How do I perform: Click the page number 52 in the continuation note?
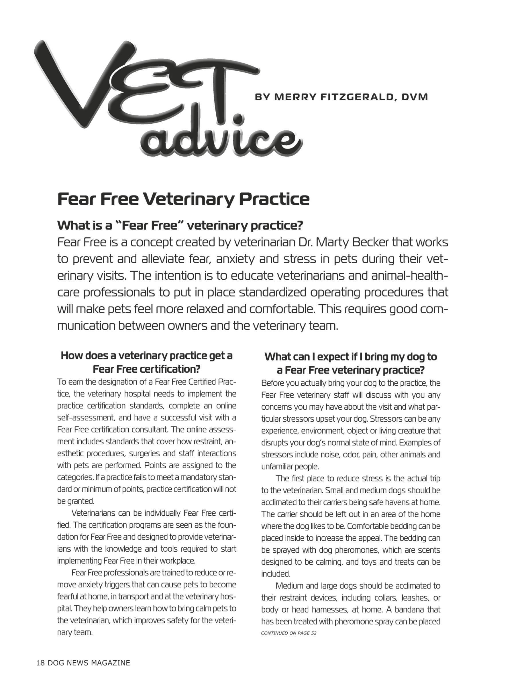[x=313, y=633]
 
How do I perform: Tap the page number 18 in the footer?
[x=41, y=663]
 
